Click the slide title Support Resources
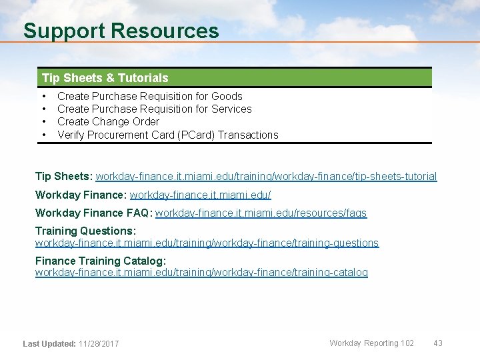[121, 31]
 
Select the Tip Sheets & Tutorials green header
[105, 78]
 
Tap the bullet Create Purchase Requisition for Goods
[149, 96]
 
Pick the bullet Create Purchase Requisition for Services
[154, 109]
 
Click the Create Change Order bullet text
[108, 121]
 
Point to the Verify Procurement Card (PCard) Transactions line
[167, 135]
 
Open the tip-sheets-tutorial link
[266, 177]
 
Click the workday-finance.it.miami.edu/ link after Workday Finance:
[200, 195]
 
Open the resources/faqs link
[261, 213]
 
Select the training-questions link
[207, 243]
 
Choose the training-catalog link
[201, 273]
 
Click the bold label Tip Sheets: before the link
[64, 177]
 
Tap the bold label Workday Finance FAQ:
[93, 213]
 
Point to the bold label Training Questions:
[85, 231]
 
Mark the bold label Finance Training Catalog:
[100, 261]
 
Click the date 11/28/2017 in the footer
[99, 344]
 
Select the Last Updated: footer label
[49, 344]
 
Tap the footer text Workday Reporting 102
[371, 343]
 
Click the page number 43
[438, 343]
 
